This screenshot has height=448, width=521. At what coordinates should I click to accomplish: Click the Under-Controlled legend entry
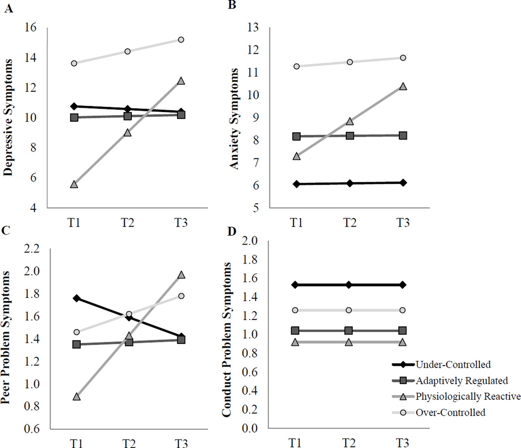pyautogui.click(x=453, y=365)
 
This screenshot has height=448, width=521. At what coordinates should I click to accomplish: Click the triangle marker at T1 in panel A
pyautogui.click(x=74, y=184)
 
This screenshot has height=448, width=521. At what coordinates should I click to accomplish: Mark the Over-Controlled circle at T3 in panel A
pyautogui.click(x=181, y=40)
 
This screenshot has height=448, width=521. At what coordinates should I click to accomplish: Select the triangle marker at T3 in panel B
pyautogui.click(x=403, y=86)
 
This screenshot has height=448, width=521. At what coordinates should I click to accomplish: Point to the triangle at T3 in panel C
pyautogui.click(x=181, y=274)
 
